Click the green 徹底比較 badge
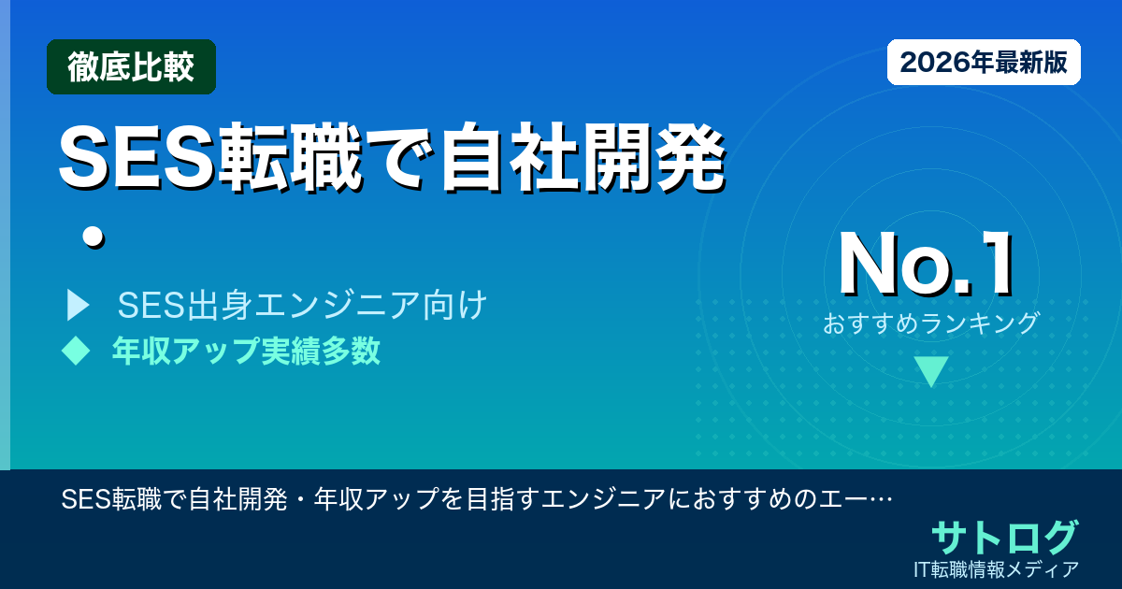[131, 67]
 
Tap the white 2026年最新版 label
[984, 63]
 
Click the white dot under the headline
[91, 237]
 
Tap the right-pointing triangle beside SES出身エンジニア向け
[77, 306]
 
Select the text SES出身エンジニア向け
[302, 306]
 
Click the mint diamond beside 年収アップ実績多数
[75, 351]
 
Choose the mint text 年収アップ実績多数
[246, 351]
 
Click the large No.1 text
[926, 266]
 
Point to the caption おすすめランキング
[931, 323]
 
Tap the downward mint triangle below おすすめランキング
[931, 371]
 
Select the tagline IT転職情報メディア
[997, 568]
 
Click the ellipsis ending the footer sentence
[879, 499]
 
